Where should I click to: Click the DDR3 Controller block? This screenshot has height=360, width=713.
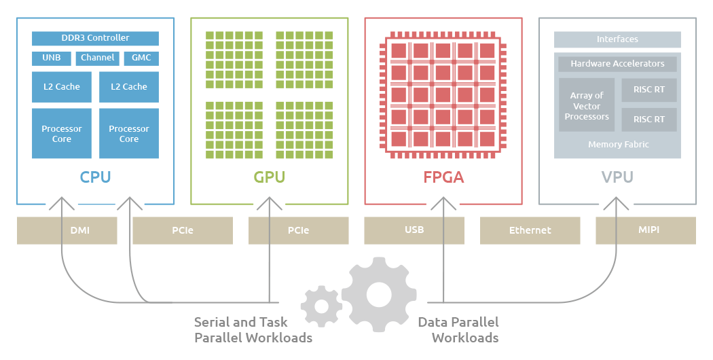95,38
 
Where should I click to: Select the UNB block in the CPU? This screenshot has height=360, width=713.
51,58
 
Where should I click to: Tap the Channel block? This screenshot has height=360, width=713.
97,58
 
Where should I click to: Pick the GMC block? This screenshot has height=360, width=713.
141,58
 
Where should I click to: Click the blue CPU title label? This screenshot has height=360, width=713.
95,177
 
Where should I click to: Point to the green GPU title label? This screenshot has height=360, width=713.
270,177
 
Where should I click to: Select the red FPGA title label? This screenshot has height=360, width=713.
443,177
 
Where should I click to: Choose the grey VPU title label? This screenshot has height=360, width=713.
617,177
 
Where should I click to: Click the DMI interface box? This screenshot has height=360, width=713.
80,231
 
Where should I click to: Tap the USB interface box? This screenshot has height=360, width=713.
414,230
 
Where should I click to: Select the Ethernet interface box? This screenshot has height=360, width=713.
530,231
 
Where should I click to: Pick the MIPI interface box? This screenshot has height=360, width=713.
646,230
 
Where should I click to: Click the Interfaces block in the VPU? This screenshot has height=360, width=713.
617,39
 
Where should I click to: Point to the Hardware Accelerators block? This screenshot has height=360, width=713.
617,64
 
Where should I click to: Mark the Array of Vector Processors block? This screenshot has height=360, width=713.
587,106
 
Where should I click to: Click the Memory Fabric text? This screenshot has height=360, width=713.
618,145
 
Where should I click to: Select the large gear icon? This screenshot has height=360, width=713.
379,294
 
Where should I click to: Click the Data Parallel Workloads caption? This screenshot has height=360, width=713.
458,329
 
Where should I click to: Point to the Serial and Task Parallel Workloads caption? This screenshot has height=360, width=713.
253,329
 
